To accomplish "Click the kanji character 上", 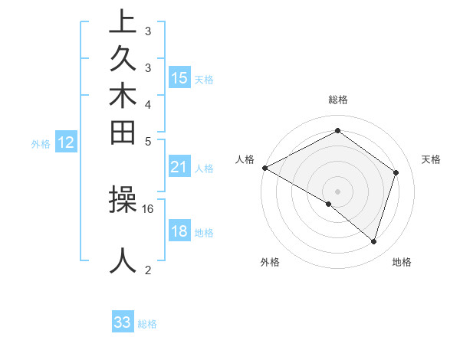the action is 123,22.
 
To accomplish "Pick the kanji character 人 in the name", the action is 123,260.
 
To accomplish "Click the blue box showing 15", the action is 179,77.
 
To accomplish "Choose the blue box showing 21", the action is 179,166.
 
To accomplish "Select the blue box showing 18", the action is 179,232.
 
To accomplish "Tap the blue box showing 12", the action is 66,142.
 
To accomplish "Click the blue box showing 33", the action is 123,322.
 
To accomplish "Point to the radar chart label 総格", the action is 338,100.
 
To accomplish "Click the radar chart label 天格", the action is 432,159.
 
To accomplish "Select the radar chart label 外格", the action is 270,262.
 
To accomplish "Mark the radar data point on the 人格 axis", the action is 264,168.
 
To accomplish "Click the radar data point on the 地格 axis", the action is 373,241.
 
